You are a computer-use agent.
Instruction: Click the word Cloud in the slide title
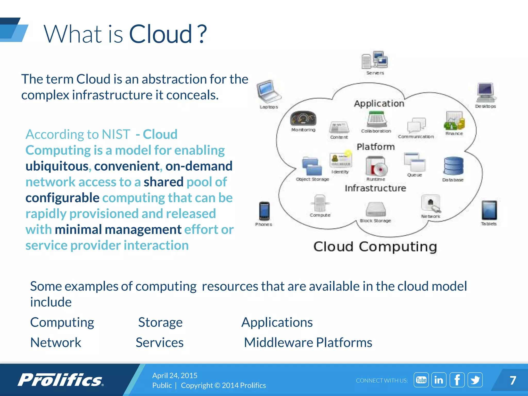click(x=160, y=34)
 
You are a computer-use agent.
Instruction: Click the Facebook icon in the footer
click(x=457, y=380)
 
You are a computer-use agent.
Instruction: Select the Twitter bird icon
click(x=475, y=380)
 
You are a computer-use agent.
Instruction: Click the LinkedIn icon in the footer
click(x=439, y=380)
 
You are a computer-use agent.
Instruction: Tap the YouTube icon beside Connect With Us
click(x=421, y=380)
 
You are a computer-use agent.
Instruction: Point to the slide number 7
click(x=513, y=380)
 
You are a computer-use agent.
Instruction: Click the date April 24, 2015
click(x=175, y=375)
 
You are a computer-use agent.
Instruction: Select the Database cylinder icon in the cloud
click(x=453, y=166)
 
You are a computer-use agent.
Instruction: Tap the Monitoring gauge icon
click(x=303, y=119)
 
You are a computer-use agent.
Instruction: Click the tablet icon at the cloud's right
click(x=489, y=210)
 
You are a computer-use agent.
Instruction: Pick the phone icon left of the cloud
click(x=264, y=211)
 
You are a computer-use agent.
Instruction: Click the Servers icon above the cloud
click(x=375, y=60)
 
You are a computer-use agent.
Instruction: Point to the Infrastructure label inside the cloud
click(x=375, y=188)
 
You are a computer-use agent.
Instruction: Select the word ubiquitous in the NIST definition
click(x=57, y=166)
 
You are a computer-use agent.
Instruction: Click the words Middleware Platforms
click(x=308, y=343)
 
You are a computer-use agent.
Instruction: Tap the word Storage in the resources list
click(x=160, y=322)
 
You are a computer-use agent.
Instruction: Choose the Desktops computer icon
click(x=485, y=92)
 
